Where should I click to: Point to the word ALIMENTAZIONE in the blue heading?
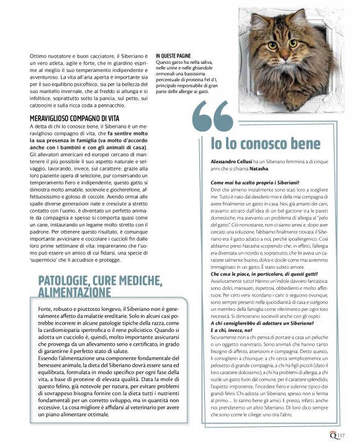pos(74,292)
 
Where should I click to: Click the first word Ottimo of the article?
pos(37,56)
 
